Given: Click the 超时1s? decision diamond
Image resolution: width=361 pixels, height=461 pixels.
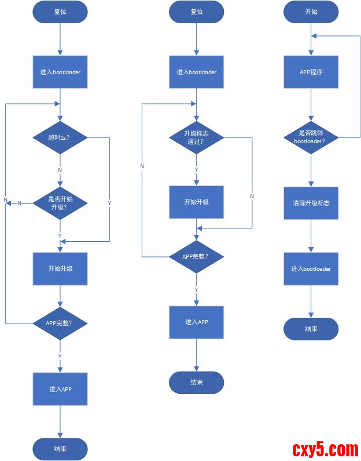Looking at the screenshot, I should [60, 137].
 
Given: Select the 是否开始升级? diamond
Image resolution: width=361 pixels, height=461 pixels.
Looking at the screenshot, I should [60, 202].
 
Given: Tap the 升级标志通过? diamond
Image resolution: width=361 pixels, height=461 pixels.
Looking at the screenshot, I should [196, 137].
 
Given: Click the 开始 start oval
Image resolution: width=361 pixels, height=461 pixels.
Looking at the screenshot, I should [311, 11].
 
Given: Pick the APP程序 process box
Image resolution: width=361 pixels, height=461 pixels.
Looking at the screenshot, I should [311, 72].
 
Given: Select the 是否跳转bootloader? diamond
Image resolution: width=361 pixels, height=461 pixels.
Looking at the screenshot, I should [311, 137].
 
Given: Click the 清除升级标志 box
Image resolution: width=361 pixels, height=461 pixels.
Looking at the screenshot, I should [311, 203].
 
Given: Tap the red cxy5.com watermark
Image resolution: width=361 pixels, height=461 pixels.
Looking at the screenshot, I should [325, 449].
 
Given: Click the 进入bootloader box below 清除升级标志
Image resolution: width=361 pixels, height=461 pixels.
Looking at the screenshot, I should [311, 268].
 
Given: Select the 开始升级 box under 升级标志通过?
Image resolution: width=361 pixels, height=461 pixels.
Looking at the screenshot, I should [196, 202].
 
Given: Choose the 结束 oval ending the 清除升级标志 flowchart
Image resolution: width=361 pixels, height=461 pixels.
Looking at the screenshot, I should [311, 329].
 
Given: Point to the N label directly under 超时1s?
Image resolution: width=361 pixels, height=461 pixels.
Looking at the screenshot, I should [60, 170].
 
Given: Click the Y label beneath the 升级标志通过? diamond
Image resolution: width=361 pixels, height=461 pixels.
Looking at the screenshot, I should [196, 169].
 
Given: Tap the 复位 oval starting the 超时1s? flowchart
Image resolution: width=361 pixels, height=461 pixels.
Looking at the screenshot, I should [60, 11].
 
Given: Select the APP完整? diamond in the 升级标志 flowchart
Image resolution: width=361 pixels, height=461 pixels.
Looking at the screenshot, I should [196, 256].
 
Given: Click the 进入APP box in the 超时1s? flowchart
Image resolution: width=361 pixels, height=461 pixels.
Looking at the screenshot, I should [60, 389].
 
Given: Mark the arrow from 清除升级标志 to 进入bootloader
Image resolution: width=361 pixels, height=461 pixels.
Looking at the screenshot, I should [311, 235].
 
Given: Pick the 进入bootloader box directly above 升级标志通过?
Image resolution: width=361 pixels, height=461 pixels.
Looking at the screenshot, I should [196, 72].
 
